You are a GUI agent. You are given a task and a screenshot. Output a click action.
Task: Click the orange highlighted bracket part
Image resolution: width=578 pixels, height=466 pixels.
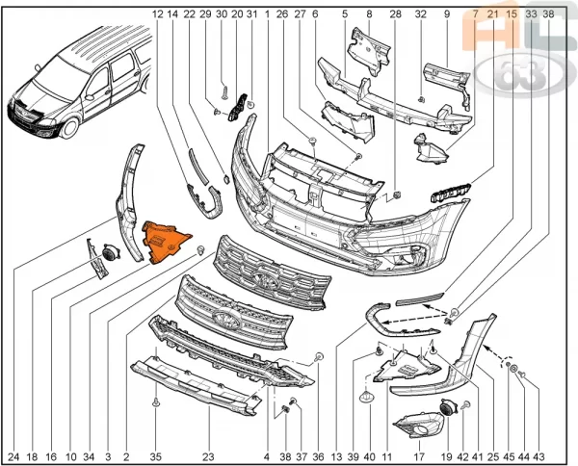pos(165,242)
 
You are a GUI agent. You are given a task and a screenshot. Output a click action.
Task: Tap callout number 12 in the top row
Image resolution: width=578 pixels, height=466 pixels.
pos(157,14)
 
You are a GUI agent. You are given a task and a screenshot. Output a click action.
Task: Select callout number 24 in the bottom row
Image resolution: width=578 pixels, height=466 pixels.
pos(13,457)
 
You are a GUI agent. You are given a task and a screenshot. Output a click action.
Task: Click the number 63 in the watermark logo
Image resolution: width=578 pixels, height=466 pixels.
pos(519,75)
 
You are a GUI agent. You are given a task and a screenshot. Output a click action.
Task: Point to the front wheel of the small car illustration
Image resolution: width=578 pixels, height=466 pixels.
pos(70,128)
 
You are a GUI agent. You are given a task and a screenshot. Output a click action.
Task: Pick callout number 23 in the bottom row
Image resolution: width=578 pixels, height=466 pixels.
pos(208,457)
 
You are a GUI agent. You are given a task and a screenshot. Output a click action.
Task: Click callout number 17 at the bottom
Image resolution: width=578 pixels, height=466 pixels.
pos(419,457)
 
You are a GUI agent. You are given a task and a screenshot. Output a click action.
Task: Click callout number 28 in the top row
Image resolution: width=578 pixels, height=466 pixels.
pos(396,14)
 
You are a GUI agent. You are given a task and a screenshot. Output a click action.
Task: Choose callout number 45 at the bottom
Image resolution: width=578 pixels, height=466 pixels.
pos(509,457)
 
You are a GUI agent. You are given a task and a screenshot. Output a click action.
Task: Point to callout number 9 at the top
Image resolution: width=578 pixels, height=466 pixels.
pos(447,14)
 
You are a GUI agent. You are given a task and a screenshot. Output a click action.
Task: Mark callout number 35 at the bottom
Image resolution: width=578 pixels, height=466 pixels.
pos(155,457)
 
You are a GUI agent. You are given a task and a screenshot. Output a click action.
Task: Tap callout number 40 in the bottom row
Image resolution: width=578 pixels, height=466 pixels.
pos(369,457)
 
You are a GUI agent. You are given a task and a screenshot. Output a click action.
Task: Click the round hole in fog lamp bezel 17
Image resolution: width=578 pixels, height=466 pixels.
pos(419,431)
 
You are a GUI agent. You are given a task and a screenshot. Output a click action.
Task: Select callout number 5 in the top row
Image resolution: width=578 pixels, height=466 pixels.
pos(345,14)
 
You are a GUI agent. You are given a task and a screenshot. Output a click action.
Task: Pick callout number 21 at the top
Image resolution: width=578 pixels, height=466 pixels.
pos(492,14)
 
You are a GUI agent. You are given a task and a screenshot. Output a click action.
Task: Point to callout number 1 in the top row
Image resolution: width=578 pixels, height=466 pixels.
pos(267,14)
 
